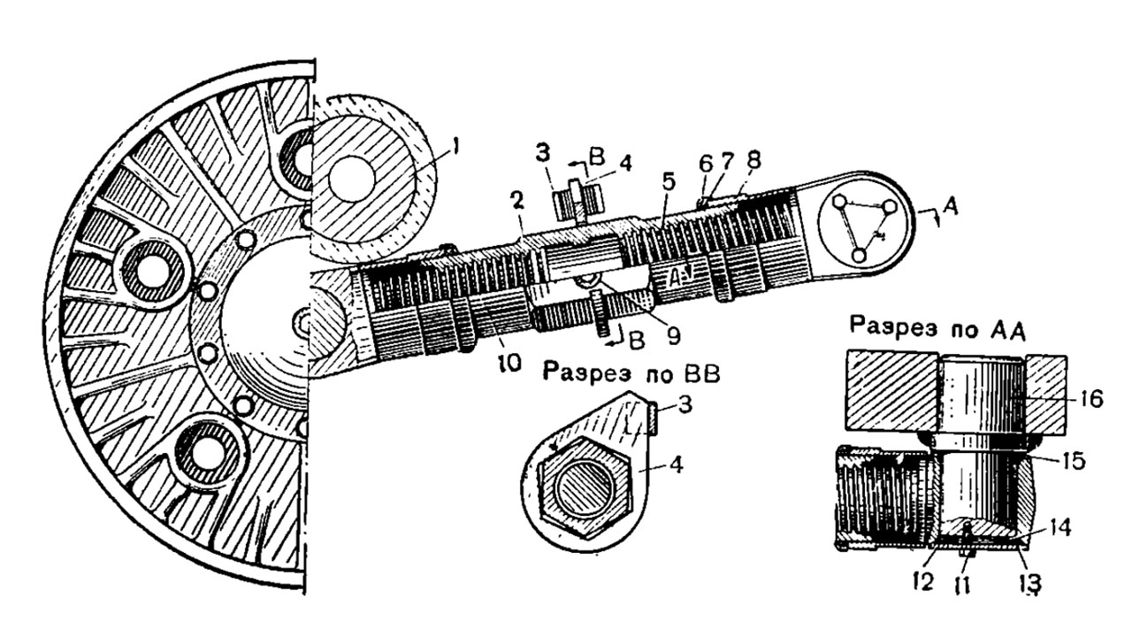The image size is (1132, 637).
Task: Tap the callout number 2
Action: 516,202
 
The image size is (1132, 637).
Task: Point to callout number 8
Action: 753,161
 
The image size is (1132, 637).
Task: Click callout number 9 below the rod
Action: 674,335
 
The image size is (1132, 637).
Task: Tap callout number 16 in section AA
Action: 1090,399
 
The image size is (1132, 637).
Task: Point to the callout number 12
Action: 922,582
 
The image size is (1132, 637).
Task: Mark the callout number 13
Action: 1030,585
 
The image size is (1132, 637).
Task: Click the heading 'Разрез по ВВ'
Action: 631,374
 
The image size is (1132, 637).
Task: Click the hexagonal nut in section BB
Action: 585,487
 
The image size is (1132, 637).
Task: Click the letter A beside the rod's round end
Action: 951,208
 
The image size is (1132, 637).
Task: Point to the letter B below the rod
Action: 638,341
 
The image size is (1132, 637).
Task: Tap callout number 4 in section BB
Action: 677,464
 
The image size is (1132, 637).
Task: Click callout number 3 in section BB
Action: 685,405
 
